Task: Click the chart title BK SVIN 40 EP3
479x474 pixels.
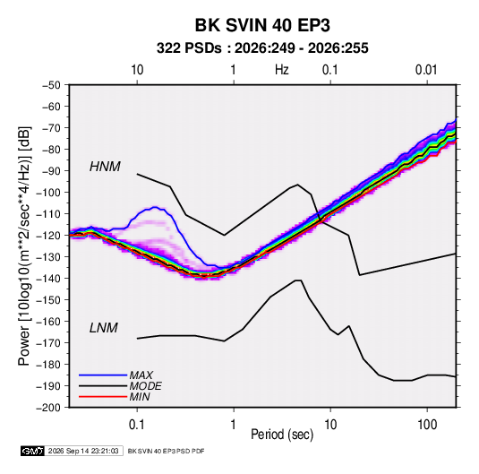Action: [262, 25]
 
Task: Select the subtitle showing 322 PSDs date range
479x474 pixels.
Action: [262, 48]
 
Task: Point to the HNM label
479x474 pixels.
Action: [105, 167]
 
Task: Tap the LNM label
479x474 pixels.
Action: [103, 328]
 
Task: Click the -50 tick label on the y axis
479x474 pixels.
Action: [51, 85]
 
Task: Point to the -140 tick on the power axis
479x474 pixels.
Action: [48, 279]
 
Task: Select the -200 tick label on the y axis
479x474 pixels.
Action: [48, 408]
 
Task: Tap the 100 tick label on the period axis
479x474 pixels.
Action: [427, 425]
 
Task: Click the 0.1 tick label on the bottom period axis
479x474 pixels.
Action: [137, 425]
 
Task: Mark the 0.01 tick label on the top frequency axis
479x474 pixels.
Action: [426, 70]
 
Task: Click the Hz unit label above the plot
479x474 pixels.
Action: [282, 70]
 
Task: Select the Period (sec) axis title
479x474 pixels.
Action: [282, 435]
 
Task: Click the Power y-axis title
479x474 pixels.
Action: [24, 246]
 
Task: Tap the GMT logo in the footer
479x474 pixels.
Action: [32, 451]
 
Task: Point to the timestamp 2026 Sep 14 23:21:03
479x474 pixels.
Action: [83, 451]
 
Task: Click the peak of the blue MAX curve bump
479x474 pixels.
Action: [155, 207]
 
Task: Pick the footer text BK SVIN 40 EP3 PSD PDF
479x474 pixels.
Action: [166, 451]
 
